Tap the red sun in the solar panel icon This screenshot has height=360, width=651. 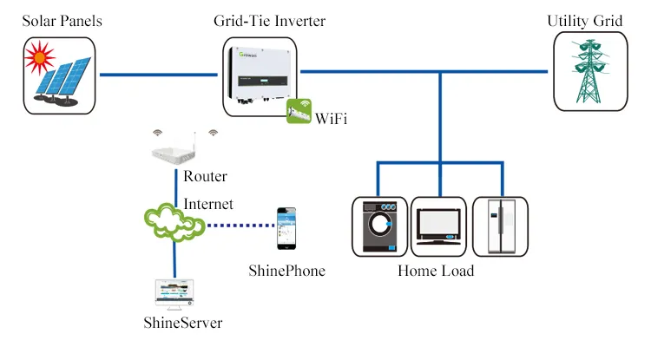[38, 60]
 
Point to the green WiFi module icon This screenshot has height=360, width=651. [299, 112]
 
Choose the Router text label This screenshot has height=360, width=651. [206, 177]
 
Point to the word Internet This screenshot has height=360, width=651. [208, 205]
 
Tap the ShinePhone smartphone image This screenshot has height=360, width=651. [284, 227]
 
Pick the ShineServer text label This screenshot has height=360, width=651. [183, 324]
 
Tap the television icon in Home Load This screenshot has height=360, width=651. [439, 226]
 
